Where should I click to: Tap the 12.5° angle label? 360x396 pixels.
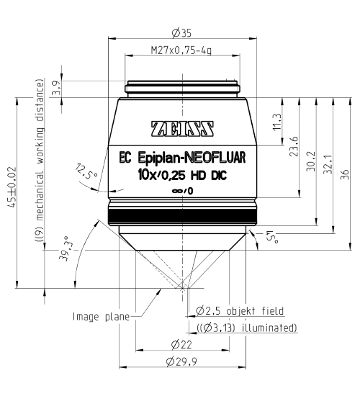click(x=86, y=173)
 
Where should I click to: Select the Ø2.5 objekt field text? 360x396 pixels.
click(x=239, y=311)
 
